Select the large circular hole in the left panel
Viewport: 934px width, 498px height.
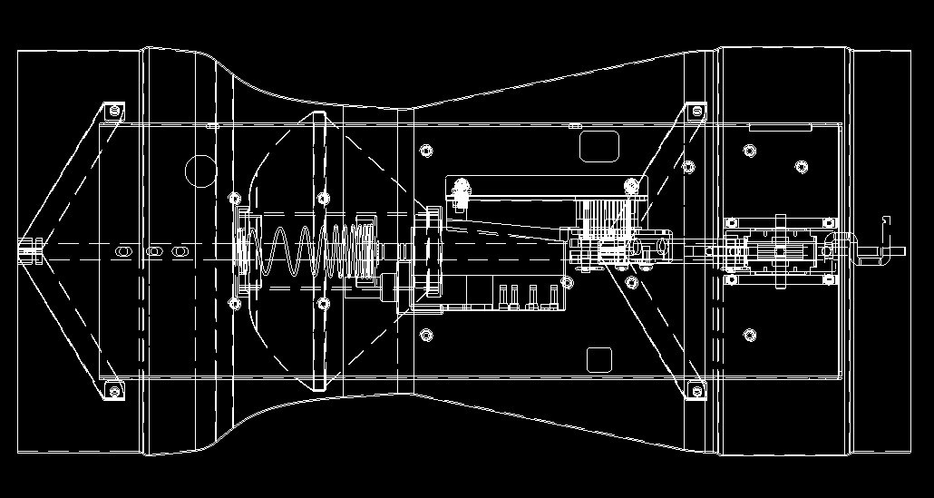point(199,170)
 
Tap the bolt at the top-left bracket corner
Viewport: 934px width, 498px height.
point(113,111)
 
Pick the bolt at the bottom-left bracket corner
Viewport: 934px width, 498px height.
point(113,391)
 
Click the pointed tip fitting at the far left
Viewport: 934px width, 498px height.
point(30,249)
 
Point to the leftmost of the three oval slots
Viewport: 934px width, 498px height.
point(124,249)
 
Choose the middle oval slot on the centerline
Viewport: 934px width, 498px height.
point(155,249)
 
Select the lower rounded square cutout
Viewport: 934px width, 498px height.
point(599,359)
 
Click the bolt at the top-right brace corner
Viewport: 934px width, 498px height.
point(696,111)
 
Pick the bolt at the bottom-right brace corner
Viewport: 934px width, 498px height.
point(696,391)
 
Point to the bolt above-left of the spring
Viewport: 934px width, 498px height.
point(235,197)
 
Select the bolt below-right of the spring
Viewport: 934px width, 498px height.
point(323,303)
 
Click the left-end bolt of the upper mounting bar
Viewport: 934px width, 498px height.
point(462,188)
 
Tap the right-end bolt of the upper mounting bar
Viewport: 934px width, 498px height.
point(630,187)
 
